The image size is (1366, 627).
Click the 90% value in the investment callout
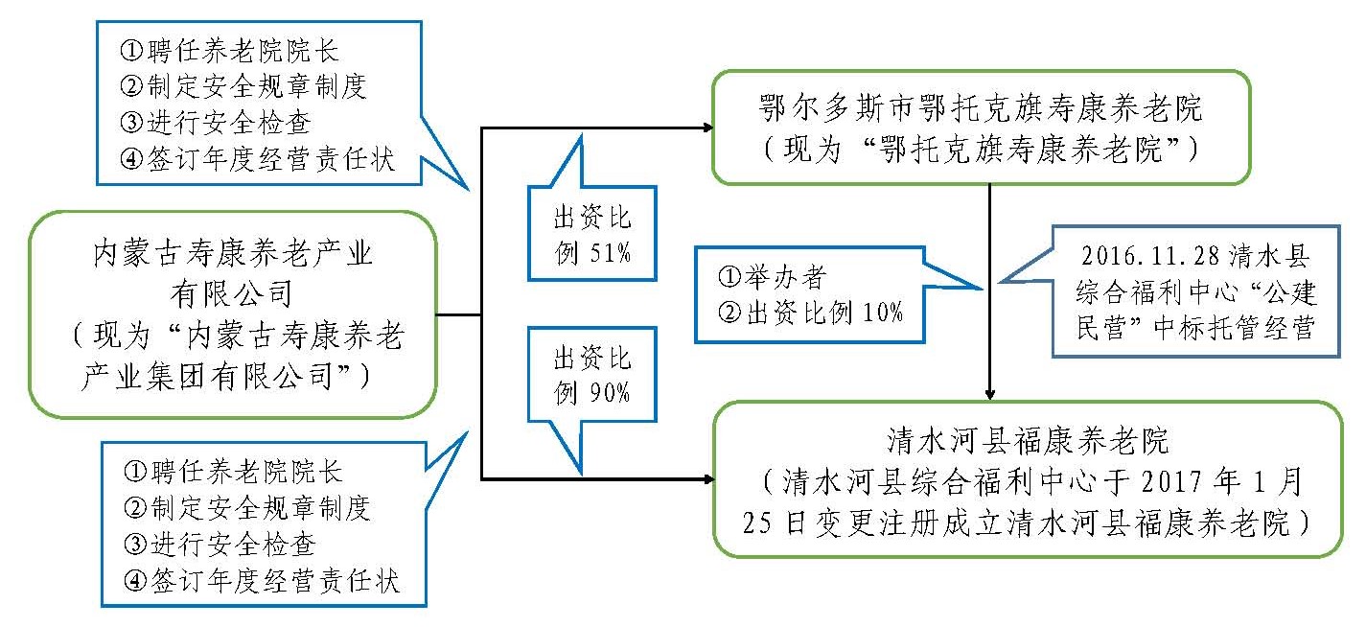pyautogui.click(x=610, y=393)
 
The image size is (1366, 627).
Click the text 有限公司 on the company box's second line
pyautogui.click(x=233, y=290)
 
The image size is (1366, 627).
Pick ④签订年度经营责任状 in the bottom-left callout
pyautogui.click(x=262, y=581)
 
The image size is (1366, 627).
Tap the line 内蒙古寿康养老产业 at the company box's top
pyautogui.click(x=232, y=254)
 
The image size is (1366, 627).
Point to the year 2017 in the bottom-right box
pyautogui.click(x=1172, y=480)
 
